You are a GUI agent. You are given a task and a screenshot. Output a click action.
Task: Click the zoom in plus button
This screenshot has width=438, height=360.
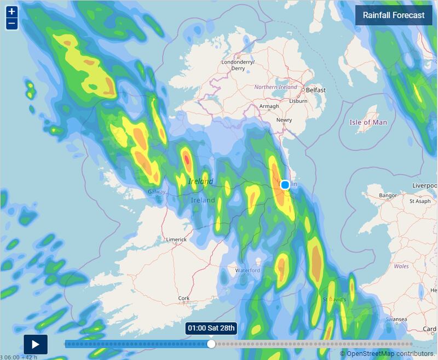[x=11, y=12]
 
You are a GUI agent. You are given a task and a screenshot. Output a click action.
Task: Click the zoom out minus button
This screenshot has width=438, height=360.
[x=11, y=24]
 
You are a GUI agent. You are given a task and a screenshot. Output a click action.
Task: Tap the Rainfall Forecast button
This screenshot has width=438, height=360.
[x=393, y=15]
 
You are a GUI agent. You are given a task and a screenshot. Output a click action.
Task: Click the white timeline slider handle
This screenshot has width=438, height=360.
[x=211, y=344]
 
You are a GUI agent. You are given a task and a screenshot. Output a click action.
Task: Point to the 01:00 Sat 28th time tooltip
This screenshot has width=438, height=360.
[x=211, y=328]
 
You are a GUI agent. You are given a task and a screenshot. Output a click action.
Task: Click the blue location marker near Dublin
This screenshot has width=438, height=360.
[x=285, y=185]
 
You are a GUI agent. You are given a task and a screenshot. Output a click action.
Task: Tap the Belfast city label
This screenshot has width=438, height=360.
[x=316, y=90]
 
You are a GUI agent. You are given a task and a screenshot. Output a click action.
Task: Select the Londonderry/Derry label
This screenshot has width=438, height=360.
[x=238, y=65]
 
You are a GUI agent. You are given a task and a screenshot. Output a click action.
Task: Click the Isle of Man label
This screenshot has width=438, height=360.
[x=368, y=122]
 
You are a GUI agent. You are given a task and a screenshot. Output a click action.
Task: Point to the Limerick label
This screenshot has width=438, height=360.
[x=176, y=239]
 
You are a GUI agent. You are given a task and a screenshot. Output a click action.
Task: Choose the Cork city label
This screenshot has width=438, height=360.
[x=184, y=299]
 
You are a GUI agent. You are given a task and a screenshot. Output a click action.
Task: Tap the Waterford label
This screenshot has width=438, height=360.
[x=247, y=271]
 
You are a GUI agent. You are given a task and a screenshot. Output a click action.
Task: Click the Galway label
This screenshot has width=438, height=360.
[x=157, y=192]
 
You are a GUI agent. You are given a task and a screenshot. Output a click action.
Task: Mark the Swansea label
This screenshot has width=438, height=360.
[x=396, y=319]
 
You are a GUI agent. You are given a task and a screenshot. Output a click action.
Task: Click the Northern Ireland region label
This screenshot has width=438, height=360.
[x=275, y=87]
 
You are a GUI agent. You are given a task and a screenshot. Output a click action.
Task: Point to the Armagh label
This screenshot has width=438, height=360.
[x=269, y=106]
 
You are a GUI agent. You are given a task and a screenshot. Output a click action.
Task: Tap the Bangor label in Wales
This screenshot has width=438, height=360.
[x=388, y=195]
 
